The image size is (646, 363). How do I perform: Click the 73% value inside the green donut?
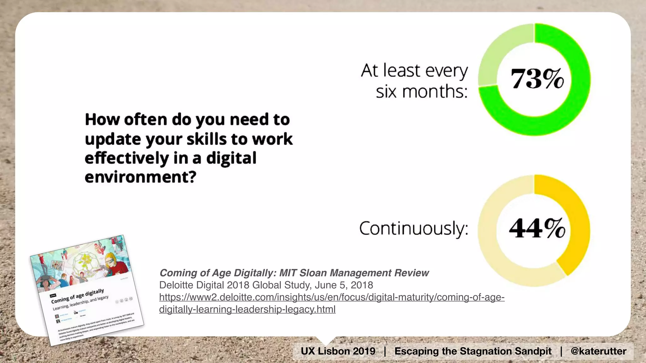tap(537, 79)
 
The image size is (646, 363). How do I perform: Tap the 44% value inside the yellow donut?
tap(537, 228)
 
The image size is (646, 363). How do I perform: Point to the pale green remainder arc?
tap(502, 47)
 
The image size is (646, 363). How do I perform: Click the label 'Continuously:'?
tap(414, 228)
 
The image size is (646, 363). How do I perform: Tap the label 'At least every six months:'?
tap(414, 81)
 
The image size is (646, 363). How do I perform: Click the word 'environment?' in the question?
tap(140, 177)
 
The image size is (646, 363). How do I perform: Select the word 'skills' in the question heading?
tap(206, 139)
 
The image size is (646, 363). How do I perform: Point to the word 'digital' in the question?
tap(231, 158)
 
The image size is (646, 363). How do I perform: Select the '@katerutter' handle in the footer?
tap(598, 351)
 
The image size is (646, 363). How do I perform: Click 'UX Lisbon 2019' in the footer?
tap(338, 351)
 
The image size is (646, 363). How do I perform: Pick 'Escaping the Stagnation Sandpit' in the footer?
tap(473, 351)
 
